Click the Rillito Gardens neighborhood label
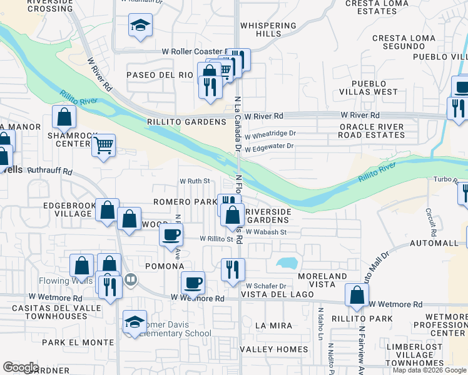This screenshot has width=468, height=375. coord(186,122)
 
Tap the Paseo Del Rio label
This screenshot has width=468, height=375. coord(160,75)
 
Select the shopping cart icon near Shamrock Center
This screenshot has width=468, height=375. coord(103,146)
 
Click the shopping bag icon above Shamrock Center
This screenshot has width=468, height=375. coord(64,116)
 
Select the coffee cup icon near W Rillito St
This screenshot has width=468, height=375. coord(171,235)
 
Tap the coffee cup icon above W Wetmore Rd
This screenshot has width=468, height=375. coord(193,282)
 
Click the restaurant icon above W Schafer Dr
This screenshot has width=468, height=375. coord(233,269)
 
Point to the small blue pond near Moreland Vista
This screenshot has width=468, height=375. coord(287,262)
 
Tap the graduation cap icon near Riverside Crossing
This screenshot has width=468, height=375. coord(140,26)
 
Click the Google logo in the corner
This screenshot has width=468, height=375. coord(21,367)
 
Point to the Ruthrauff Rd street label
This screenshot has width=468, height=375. coord(50,171)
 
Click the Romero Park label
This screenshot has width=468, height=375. coord(185,202)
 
